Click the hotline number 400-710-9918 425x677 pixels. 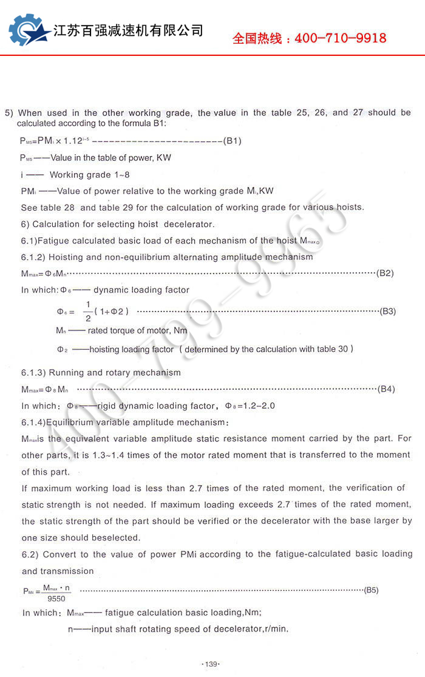pos(340,38)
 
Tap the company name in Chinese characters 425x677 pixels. pos(129,30)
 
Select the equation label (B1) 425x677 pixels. pos(233,141)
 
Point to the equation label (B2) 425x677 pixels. pos(385,273)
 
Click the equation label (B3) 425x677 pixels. pos(387,311)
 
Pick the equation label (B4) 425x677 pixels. pos(386,389)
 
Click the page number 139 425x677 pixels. pos(211,664)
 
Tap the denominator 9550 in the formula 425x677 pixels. pos(56,598)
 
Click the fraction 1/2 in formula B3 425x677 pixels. pos(87,311)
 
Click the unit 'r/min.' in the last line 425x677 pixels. pos(276,629)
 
